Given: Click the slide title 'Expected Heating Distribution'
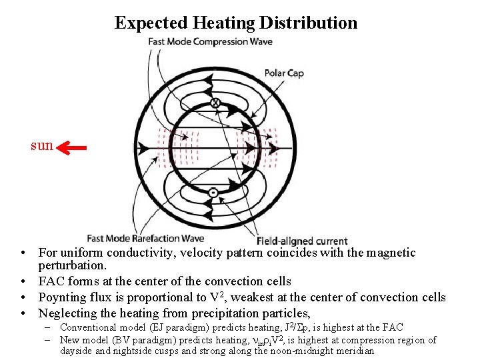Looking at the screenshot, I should coord(236,23).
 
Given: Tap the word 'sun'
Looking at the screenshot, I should coord(42,145).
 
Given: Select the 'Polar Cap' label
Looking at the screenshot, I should coord(284,73).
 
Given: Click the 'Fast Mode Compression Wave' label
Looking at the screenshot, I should coord(210,42).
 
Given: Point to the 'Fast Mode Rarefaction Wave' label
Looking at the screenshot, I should coord(145,239).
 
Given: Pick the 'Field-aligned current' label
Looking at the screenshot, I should coord(303,241).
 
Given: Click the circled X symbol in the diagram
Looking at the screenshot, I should coord(215,103).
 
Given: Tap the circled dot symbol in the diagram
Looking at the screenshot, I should coord(213,193).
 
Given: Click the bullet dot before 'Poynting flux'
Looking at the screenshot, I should coord(23,298).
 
